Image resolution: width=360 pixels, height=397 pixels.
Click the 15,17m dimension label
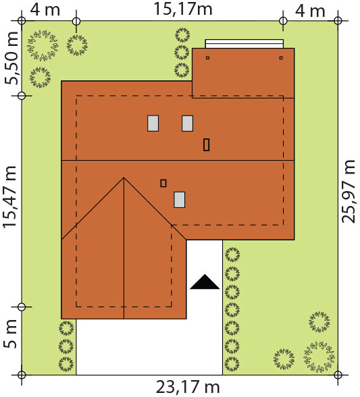tap(183, 9)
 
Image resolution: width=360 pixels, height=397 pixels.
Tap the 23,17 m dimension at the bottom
tap(188, 387)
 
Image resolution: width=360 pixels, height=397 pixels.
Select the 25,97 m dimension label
tap(349, 192)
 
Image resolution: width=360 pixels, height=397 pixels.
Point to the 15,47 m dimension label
tap(9, 197)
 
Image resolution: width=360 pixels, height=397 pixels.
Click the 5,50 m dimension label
tap(11, 58)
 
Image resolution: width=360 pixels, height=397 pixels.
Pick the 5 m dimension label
tap(10, 334)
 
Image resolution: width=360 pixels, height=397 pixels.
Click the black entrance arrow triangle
tap(205, 282)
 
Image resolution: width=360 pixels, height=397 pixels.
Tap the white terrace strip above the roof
tap(245, 43)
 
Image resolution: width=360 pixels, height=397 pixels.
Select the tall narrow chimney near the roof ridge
tap(206, 144)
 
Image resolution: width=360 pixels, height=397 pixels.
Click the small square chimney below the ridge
tap(163, 183)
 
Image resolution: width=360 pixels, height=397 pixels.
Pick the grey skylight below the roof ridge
tap(180, 200)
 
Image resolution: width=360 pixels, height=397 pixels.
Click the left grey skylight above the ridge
tap(153, 124)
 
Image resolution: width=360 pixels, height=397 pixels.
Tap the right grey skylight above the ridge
tap(188, 124)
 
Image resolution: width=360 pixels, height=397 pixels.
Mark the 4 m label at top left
tap(45, 9)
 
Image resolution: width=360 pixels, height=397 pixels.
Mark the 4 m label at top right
tap(310, 11)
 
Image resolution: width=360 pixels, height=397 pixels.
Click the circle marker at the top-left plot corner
tap(22, 20)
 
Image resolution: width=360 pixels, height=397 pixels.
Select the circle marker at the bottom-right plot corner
tap(338, 375)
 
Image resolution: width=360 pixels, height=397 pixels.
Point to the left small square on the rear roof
tap(207, 58)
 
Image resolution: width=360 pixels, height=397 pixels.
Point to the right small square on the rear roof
tap(281, 58)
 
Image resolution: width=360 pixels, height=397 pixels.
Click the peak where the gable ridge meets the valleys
tap(124, 178)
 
